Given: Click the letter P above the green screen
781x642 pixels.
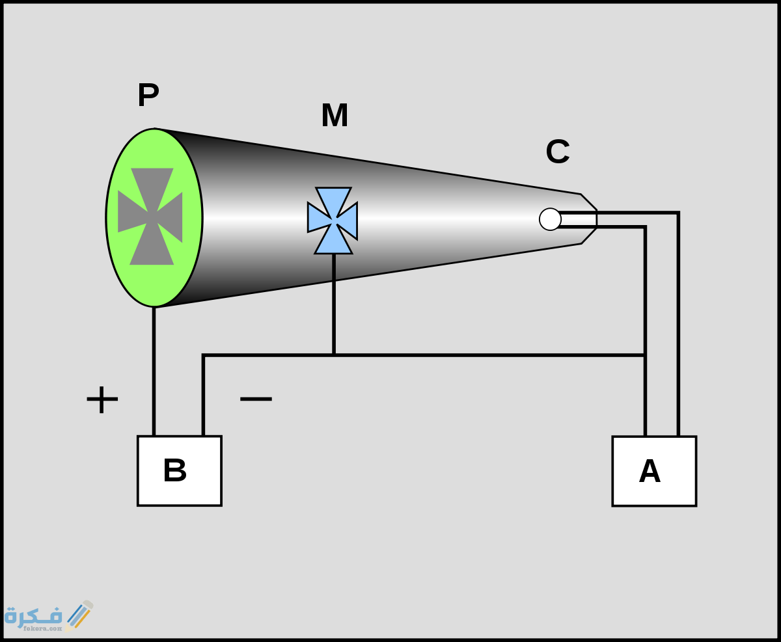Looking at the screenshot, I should click(148, 96).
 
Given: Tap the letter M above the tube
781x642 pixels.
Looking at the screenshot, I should click(335, 116).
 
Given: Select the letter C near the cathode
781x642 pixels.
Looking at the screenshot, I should click(558, 152).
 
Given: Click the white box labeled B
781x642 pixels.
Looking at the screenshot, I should click(180, 470).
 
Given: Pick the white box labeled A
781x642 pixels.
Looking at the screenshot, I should click(654, 471).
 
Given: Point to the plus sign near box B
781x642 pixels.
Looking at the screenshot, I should click(102, 399).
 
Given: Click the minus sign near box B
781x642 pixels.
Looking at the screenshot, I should click(256, 398).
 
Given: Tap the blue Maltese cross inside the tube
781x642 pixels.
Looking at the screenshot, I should click(333, 220).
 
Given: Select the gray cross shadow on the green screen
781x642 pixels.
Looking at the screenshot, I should click(151, 217).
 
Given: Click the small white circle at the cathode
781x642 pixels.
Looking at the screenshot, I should click(550, 219).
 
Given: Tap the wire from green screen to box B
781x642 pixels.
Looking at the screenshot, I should click(154, 371).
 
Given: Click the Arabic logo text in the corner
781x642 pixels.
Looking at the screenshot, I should click(33, 615).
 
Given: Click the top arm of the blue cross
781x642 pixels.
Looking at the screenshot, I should click(333, 199).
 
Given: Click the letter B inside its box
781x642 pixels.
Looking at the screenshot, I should click(174, 471).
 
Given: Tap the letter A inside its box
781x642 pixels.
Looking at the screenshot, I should click(650, 472).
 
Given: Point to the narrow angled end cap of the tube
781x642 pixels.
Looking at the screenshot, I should click(588, 219).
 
